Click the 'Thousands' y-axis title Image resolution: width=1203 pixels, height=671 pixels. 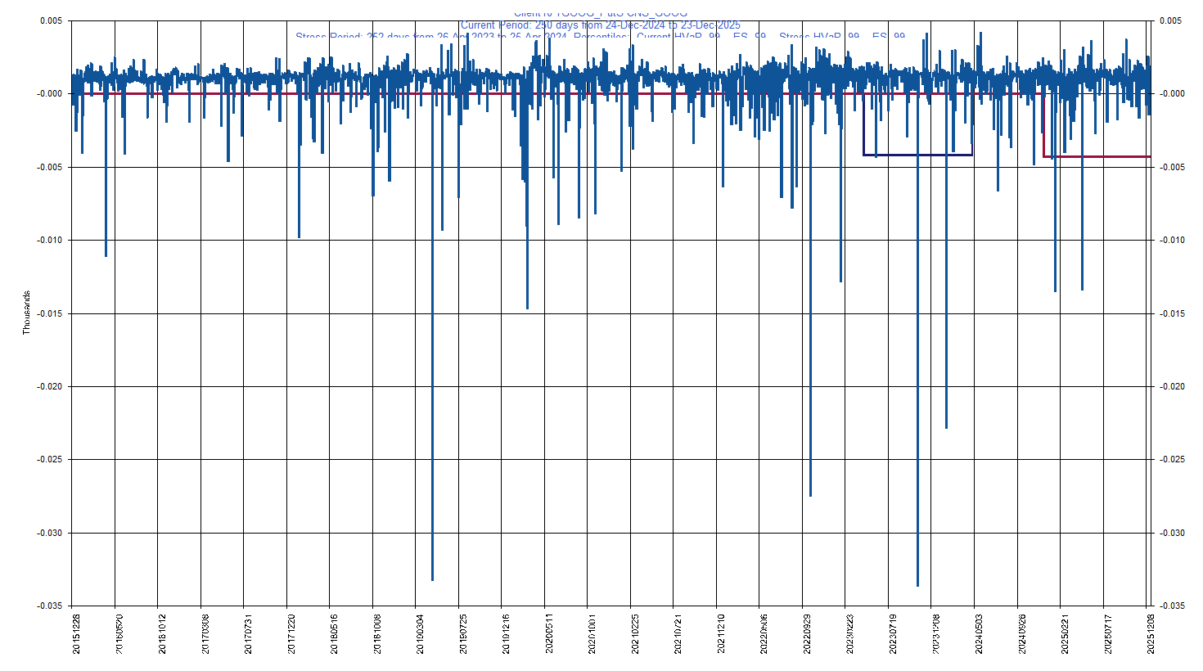pos(26,312)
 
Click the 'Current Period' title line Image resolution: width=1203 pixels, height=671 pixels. pos(600,25)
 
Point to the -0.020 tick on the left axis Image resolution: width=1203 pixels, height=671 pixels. pos(50,386)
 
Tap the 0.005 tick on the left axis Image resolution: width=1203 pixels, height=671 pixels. pos(52,20)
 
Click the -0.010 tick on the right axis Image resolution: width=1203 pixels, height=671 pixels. pos(1173,240)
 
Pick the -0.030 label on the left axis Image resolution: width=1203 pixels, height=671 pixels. pos(50,533)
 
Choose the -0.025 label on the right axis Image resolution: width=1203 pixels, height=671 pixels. pos(1173,459)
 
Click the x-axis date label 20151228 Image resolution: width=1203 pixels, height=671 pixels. pos(77,633)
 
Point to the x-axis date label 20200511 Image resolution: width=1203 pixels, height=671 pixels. pos(548,633)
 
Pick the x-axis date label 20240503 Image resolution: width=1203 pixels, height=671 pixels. pos(978,633)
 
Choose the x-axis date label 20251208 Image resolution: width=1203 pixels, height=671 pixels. pos(1150,633)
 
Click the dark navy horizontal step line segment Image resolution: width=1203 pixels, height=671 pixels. pos(917,155)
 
